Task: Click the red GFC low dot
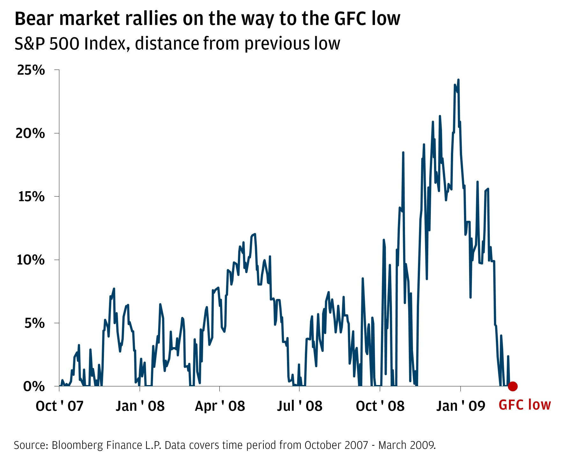pos(512,386)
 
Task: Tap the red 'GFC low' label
pos(525,405)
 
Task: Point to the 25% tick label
pos(31,70)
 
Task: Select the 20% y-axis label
pos(30,133)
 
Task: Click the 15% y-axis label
pos(31,197)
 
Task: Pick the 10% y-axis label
pos(30,260)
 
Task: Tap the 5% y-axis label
pos(34,323)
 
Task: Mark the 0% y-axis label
pos(34,387)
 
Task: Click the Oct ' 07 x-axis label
pos(60,406)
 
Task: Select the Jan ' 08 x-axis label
pos(140,406)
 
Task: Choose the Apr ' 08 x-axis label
pos(220,406)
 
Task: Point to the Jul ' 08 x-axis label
pos(299,406)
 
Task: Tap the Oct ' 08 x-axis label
pos(380,406)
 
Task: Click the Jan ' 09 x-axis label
pos(460,406)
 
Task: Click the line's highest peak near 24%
pos(458,80)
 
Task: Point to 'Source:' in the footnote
pos(31,445)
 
